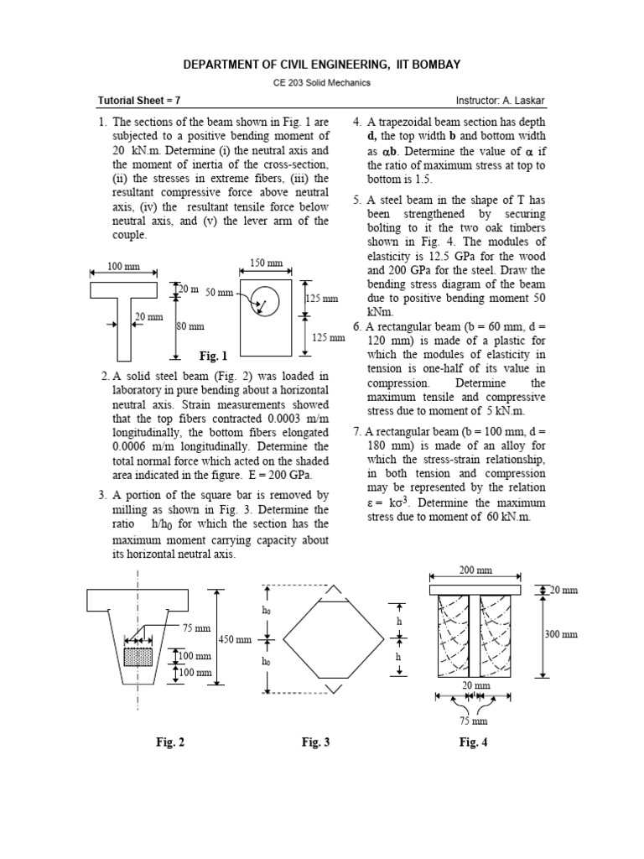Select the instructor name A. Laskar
525,101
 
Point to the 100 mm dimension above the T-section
123,266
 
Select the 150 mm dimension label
267,263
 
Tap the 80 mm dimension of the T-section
190,326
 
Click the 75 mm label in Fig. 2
193,627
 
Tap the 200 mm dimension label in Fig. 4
475,570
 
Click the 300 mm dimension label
562,634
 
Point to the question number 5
356,200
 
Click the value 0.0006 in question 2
129,446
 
